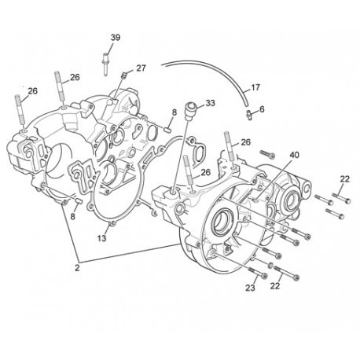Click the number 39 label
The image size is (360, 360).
click(116, 38)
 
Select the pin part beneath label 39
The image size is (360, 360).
click(105, 64)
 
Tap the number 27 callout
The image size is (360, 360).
click(141, 68)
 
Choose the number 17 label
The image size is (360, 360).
click(255, 87)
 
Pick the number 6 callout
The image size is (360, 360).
click(262, 109)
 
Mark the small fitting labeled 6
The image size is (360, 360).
click(249, 113)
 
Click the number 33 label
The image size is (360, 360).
click(210, 103)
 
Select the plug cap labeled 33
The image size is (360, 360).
click(191, 111)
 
